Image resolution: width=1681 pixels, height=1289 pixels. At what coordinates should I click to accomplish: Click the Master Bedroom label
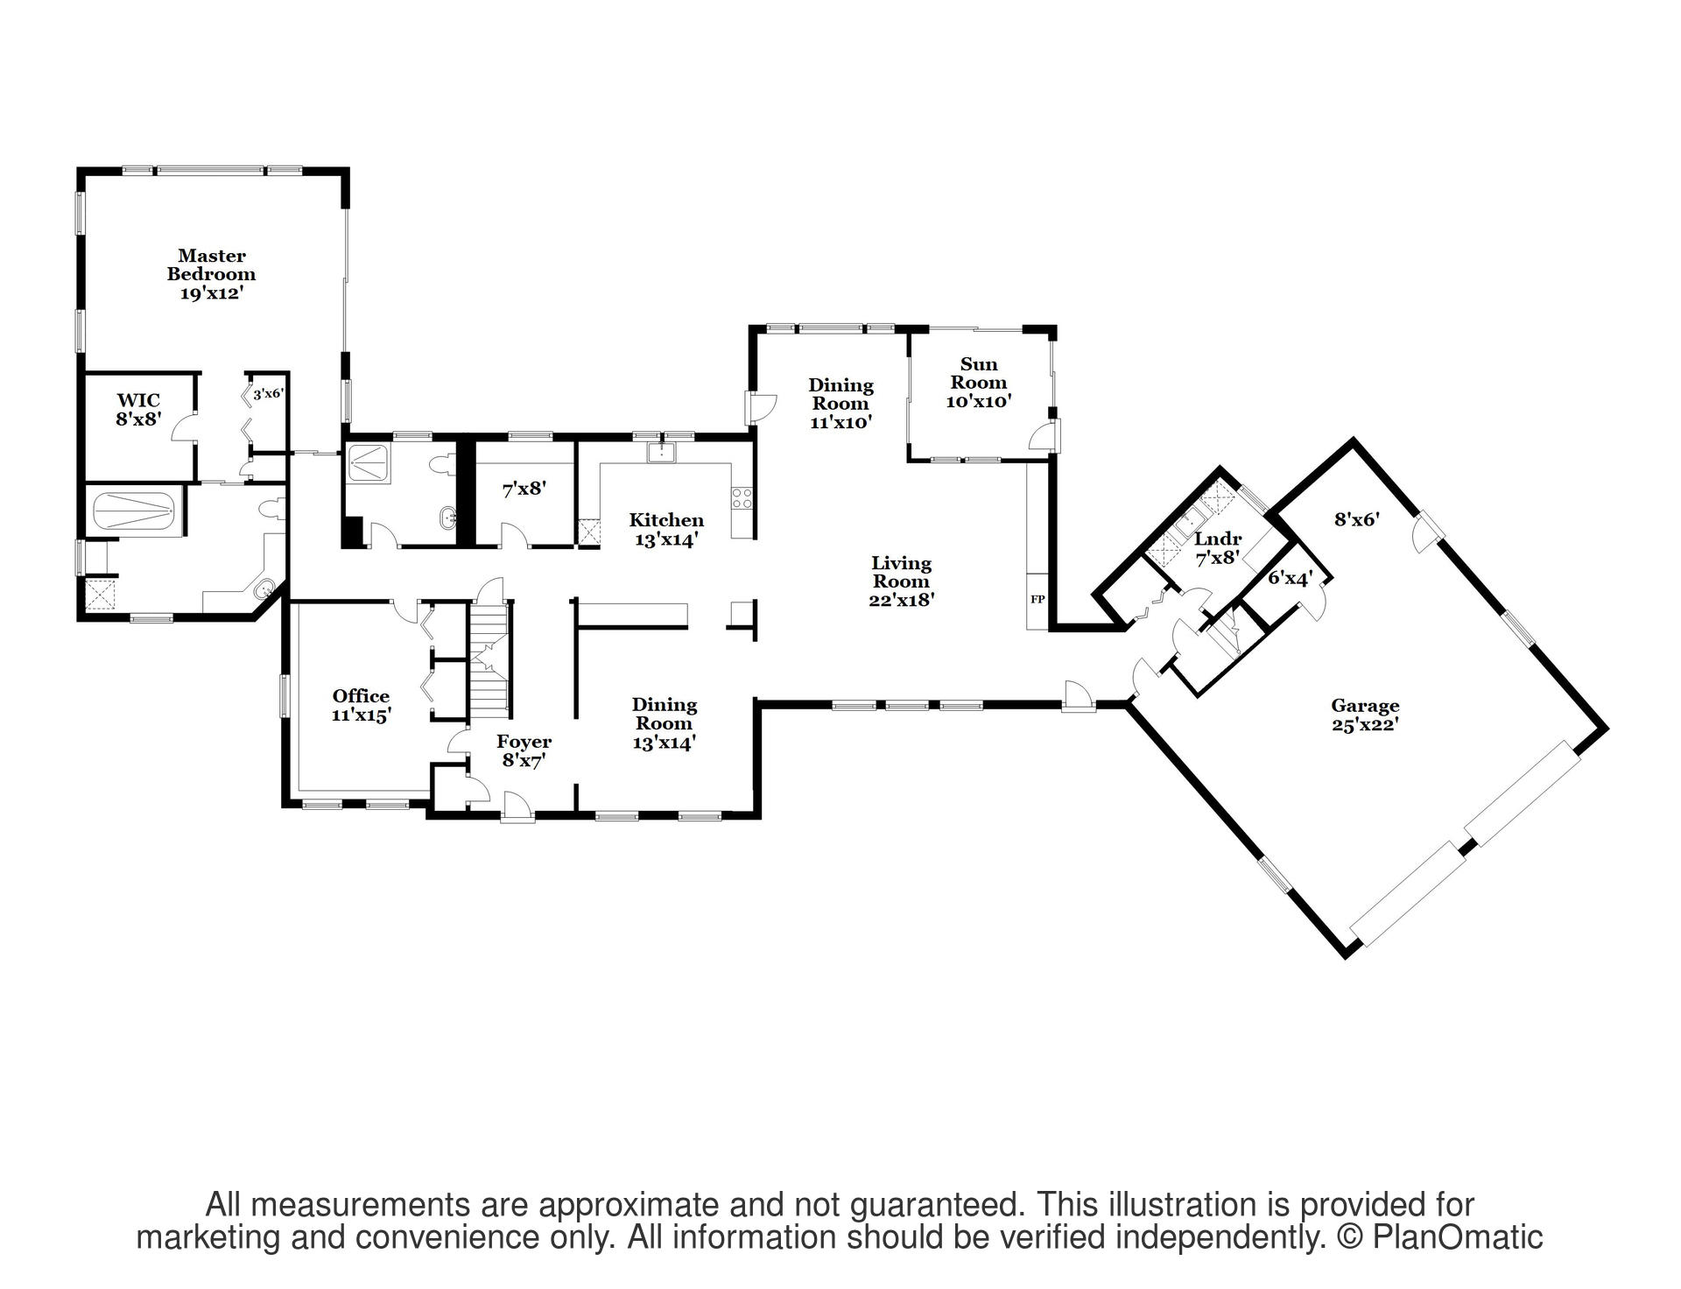[211, 274]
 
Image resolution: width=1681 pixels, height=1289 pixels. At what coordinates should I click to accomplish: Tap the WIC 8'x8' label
[138, 410]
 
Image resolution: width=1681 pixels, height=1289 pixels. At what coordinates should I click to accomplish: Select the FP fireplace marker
[1037, 600]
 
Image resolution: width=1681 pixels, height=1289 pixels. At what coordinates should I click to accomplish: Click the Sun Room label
[979, 383]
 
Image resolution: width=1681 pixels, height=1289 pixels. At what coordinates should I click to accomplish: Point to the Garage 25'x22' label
[1364, 715]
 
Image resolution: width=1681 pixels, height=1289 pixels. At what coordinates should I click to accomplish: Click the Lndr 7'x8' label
[1218, 547]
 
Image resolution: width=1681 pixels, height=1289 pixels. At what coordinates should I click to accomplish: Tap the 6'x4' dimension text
[1291, 578]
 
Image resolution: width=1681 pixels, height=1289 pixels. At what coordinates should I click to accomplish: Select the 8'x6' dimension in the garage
[1356, 519]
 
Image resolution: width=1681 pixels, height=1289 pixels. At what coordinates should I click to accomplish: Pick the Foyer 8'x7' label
[524, 751]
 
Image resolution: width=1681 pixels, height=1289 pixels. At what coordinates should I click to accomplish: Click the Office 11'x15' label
[361, 705]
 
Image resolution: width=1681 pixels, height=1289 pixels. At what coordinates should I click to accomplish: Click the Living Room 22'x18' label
[901, 581]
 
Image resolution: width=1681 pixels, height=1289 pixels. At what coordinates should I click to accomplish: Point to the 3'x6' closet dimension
[268, 395]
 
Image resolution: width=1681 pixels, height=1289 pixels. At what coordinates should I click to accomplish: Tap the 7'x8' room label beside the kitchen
[524, 490]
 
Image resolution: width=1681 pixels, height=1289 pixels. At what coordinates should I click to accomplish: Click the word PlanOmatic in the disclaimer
[1456, 1237]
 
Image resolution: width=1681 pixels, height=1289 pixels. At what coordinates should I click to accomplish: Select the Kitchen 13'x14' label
[665, 530]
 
